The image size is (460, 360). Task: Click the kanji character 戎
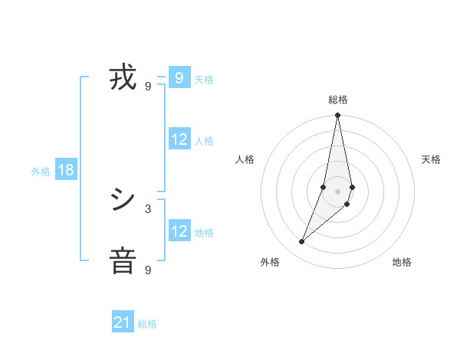(123, 79)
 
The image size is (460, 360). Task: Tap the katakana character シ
(123, 201)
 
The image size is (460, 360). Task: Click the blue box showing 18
(66, 170)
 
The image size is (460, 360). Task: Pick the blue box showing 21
(123, 322)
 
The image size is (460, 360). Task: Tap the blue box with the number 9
(179, 77)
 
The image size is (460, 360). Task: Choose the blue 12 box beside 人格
(179, 139)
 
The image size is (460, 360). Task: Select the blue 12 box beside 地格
(179, 231)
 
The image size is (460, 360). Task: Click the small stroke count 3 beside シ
(148, 208)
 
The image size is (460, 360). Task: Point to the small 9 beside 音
(148, 270)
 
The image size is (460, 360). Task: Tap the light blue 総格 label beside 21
(147, 324)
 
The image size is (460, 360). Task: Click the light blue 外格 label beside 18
(41, 172)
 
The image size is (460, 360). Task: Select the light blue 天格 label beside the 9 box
(204, 79)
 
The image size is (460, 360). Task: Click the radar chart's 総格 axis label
(338, 100)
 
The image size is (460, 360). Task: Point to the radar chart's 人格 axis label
(245, 159)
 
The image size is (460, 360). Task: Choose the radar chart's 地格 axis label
(402, 262)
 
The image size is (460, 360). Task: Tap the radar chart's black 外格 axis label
(271, 262)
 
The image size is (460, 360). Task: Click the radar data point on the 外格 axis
(301, 242)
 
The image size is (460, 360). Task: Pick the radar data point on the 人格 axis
(324, 187)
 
